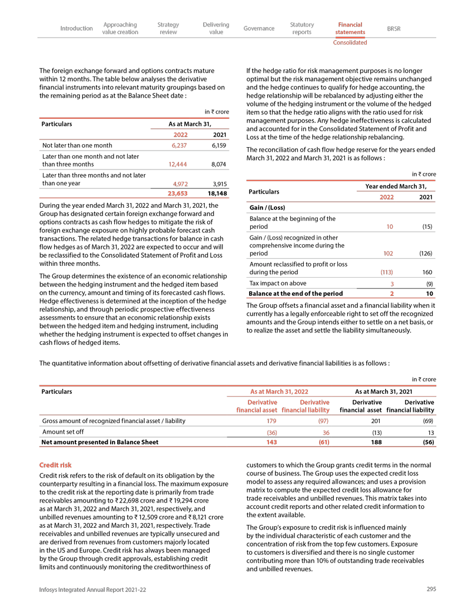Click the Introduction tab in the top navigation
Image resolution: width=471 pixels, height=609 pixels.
click(77, 28)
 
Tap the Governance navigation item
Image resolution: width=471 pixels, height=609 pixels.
click(259, 28)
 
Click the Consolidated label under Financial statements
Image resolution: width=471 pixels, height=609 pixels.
click(350, 42)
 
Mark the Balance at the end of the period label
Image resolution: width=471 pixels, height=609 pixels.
click(296, 294)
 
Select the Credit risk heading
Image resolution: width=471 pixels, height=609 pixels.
click(55, 465)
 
